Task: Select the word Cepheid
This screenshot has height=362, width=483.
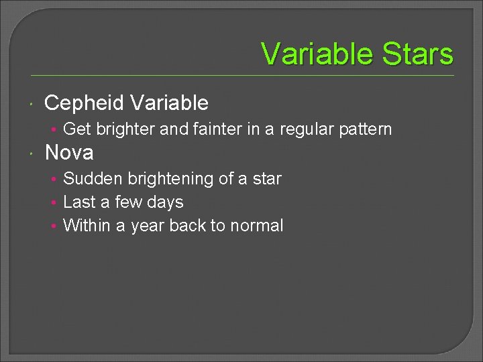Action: [x=85, y=103]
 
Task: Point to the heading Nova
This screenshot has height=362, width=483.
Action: [x=69, y=153]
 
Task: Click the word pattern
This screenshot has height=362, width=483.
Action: [x=365, y=129]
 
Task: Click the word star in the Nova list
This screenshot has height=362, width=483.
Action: [x=267, y=179]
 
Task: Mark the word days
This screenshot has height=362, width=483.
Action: [x=165, y=202]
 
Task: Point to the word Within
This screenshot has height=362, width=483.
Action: [x=87, y=226]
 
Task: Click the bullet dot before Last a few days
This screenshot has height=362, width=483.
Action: [x=54, y=202]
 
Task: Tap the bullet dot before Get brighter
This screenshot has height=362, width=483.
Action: [x=54, y=129]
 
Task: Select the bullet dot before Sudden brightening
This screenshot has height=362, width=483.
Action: [x=54, y=179]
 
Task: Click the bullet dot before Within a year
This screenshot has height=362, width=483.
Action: [x=54, y=226]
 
